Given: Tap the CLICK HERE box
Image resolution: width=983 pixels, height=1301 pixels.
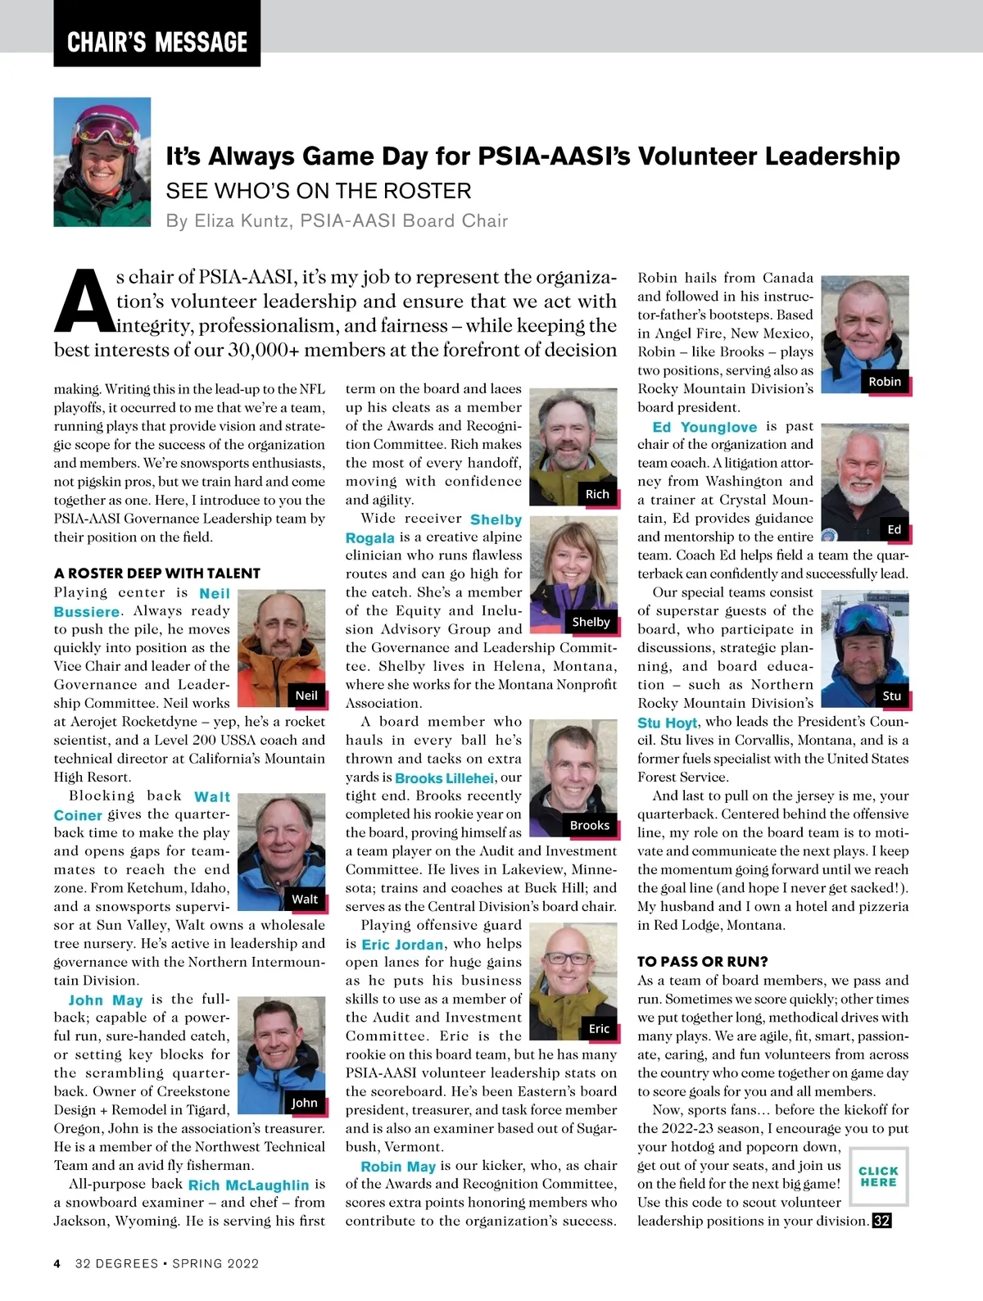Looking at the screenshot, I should click(x=879, y=1176).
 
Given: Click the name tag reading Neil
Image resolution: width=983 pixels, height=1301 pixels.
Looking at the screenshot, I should click(x=306, y=696).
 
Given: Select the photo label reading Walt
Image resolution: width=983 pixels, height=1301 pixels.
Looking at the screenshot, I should click(x=305, y=899).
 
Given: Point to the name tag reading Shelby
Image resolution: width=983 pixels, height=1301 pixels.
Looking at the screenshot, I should click(x=591, y=622).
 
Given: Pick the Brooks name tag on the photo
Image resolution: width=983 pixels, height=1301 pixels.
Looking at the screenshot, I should click(x=590, y=825).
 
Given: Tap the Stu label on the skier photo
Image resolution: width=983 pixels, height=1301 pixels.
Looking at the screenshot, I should click(x=892, y=696).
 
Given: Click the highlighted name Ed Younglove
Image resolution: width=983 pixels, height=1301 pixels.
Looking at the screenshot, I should click(x=704, y=427).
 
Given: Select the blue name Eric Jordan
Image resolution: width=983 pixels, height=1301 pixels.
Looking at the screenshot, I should click(x=402, y=945).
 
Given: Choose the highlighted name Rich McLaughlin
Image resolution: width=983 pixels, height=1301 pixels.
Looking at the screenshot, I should click(x=248, y=1185).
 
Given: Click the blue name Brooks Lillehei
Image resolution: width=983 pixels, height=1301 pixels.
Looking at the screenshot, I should click(x=444, y=778).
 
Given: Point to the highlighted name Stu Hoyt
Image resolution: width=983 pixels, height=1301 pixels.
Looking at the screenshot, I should click(x=667, y=723).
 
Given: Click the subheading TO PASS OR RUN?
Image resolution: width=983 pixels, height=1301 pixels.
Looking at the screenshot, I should click(x=702, y=961).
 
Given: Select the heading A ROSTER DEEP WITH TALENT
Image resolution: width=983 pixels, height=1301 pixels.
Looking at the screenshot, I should click(x=156, y=573).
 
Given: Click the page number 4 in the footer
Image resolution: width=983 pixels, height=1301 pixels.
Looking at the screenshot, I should click(x=57, y=1263).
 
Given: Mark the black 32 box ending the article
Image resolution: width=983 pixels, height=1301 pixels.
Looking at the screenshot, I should click(x=881, y=1221).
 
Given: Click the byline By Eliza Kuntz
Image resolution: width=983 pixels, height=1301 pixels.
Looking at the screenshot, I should click(x=337, y=221).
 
